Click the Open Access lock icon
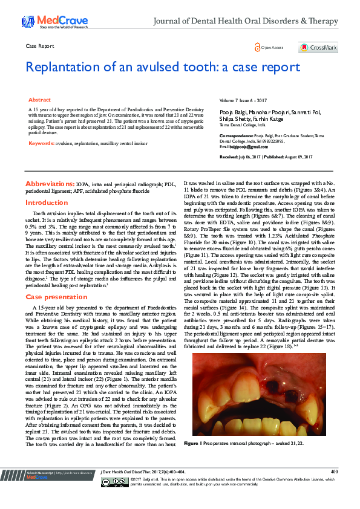(x=258, y=47)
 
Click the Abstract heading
(x=40, y=99)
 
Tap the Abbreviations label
(x=50, y=183)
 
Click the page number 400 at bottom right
(x=334, y=471)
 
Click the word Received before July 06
(x=229, y=156)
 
